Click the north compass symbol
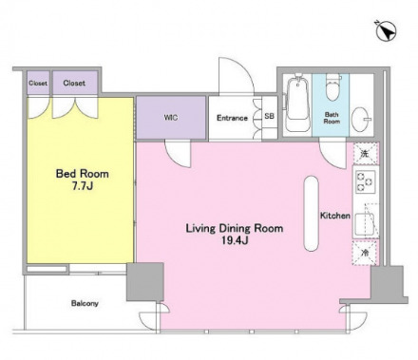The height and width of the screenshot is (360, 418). click(x=386, y=31)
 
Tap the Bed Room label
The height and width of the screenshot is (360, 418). click(x=83, y=174)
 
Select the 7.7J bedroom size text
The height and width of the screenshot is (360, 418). click(x=83, y=186)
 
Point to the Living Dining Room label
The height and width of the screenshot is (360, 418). click(x=235, y=228)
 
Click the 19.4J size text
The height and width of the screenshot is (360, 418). click(x=235, y=241)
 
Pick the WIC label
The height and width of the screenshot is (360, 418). click(x=171, y=118)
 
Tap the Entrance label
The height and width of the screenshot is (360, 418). click(x=232, y=118)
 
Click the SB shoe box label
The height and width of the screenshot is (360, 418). click(x=270, y=116)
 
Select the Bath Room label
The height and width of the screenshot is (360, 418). click(x=332, y=118)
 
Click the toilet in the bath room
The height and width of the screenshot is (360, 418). click(x=332, y=87)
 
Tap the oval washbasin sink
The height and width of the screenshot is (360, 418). click(x=361, y=120)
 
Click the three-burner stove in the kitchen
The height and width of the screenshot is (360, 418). click(x=365, y=182)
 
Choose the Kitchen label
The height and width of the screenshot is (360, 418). click(x=335, y=216)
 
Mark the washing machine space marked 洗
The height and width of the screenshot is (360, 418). click(x=366, y=154)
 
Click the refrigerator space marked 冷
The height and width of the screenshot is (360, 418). click(x=365, y=253)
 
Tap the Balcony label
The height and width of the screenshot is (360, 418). click(x=85, y=303)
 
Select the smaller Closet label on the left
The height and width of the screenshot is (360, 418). click(x=38, y=84)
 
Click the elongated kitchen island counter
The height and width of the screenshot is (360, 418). click(x=312, y=214)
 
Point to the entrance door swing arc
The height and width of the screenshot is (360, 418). click(x=244, y=68)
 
